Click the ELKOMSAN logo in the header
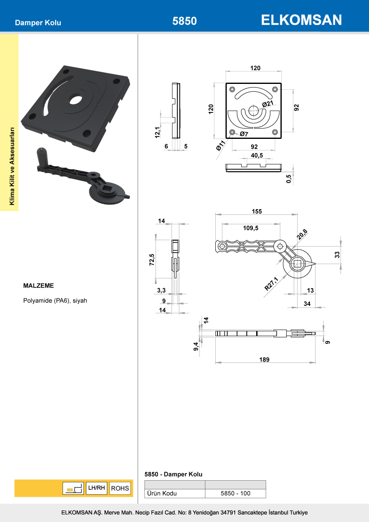[x=301, y=20]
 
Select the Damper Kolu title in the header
[x=38, y=23]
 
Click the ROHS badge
[x=120, y=488]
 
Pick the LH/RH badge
[x=97, y=488]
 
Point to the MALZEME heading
[x=39, y=286]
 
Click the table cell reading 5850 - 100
[x=236, y=493]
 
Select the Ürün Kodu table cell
[x=162, y=493]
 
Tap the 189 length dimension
[x=264, y=360]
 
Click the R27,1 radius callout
[x=271, y=284]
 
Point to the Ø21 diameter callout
[x=267, y=104]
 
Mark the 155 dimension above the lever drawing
[x=257, y=211]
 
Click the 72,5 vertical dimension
[x=152, y=260]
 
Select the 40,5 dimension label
[x=257, y=155]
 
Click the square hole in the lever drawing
[x=297, y=264]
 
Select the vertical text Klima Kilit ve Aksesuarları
[x=12, y=165]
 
